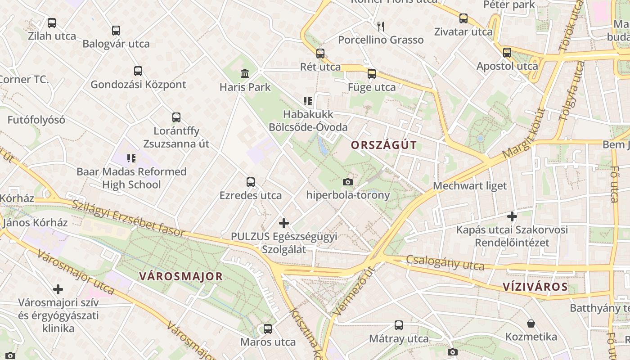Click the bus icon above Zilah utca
[x=52, y=22]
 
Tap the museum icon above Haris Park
[x=245, y=73]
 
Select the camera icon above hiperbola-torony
[x=347, y=182]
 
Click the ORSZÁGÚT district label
[x=383, y=145]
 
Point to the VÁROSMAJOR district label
[x=181, y=276]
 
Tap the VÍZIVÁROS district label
[x=535, y=287]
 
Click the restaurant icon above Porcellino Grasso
[x=381, y=26]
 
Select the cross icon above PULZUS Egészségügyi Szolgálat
[x=283, y=223]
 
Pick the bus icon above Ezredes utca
[x=251, y=182]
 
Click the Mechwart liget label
[x=470, y=185]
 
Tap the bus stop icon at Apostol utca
[x=507, y=53]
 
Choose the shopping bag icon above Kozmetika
[x=531, y=324]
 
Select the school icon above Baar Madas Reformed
[x=131, y=158]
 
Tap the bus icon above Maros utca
[x=268, y=329]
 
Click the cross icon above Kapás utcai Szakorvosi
[x=512, y=216]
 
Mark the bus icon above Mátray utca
[x=399, y=325]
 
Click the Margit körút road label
[x=524, y=133]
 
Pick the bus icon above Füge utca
[x=372, y=74]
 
